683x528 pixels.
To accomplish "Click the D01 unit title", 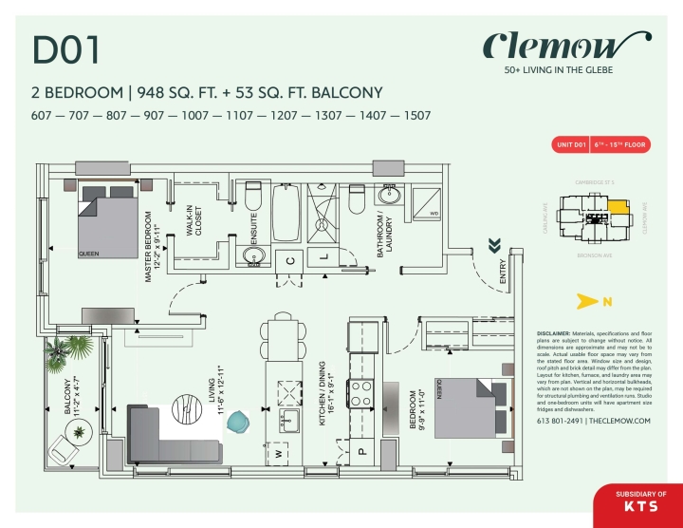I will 66,50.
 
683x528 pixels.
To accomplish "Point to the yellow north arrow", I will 605,303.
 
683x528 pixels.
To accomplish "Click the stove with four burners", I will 362,393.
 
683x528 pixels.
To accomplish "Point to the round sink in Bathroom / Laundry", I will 389,197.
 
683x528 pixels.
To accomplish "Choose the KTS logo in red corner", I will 637,507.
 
